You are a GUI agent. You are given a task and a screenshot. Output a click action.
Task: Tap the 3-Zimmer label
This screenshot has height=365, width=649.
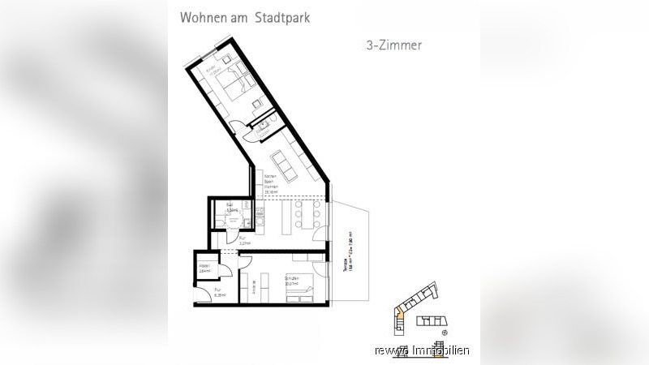(x=393, y=45)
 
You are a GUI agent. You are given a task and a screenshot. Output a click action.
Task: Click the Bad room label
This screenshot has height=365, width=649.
(x=230, y=207)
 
